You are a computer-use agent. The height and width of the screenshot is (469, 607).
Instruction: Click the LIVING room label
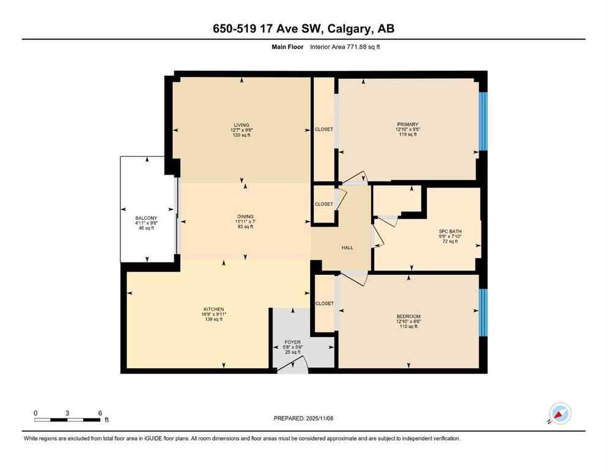coord(241,125)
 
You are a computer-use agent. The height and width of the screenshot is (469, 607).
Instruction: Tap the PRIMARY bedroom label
coord(407,125)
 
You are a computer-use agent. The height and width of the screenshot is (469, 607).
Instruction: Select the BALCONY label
coord(146,218)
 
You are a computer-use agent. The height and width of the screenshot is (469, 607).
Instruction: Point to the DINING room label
coord(245,216)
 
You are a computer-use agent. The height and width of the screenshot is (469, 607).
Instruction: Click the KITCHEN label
coord(214,309)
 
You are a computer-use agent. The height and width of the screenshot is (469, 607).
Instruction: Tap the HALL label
coord(347,247)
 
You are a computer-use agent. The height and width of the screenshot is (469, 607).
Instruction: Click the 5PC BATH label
coord(450,231)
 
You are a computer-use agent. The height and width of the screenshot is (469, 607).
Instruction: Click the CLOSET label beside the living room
coord(324,129)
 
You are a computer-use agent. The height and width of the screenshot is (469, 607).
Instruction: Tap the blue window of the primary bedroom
coord(483,121)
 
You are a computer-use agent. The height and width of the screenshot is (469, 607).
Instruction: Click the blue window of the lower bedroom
coord(483,312)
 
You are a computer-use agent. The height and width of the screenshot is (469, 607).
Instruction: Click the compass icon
coord(560,413)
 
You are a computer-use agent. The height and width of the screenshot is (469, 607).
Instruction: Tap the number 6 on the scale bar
coord(100,413)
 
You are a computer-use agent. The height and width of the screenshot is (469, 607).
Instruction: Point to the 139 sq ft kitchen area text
coord(214,319)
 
